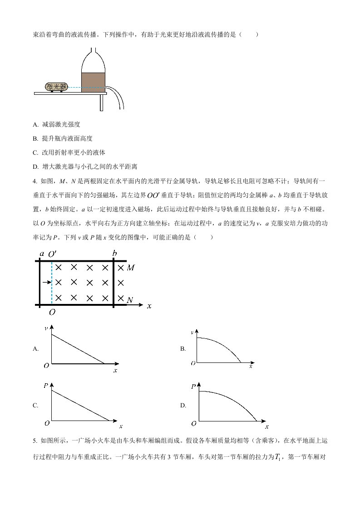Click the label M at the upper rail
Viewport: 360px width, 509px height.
(x=131, y=268)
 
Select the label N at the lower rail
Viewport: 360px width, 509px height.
(x=130, y=300)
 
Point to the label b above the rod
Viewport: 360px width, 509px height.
(x=114, y=253)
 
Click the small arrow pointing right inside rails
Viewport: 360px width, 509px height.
(x=45, y=283)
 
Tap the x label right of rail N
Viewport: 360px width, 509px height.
(x=149, y=306)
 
